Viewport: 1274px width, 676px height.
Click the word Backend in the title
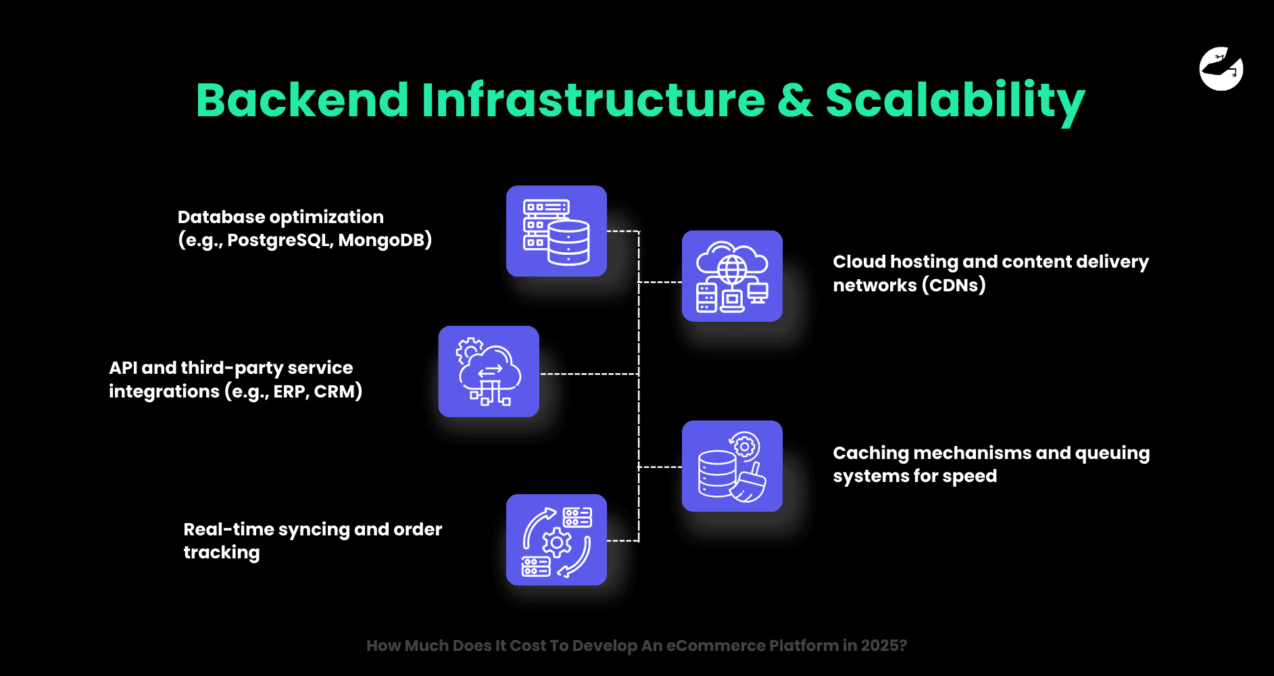click(x=302, y=100)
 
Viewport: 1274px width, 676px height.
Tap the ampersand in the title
click(x=795, y=100)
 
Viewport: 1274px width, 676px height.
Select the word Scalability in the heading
click(x=955, y=100)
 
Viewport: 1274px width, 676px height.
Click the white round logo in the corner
click(x=1221, y=68)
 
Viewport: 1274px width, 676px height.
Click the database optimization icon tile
click(x=556, y=231)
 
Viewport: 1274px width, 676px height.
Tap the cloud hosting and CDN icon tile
click(x=732, y=276)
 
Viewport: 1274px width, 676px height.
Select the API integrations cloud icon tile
click(x=489, y=372)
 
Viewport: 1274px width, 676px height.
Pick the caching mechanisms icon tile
click(x=732, y=466)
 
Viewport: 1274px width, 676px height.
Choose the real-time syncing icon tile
click(x=556, y=540)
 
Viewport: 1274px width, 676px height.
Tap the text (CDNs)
click(x=954, y=285)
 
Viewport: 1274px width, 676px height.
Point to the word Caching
click(x=871, y=453)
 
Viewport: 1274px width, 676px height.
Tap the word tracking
click(x=222, y=552)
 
